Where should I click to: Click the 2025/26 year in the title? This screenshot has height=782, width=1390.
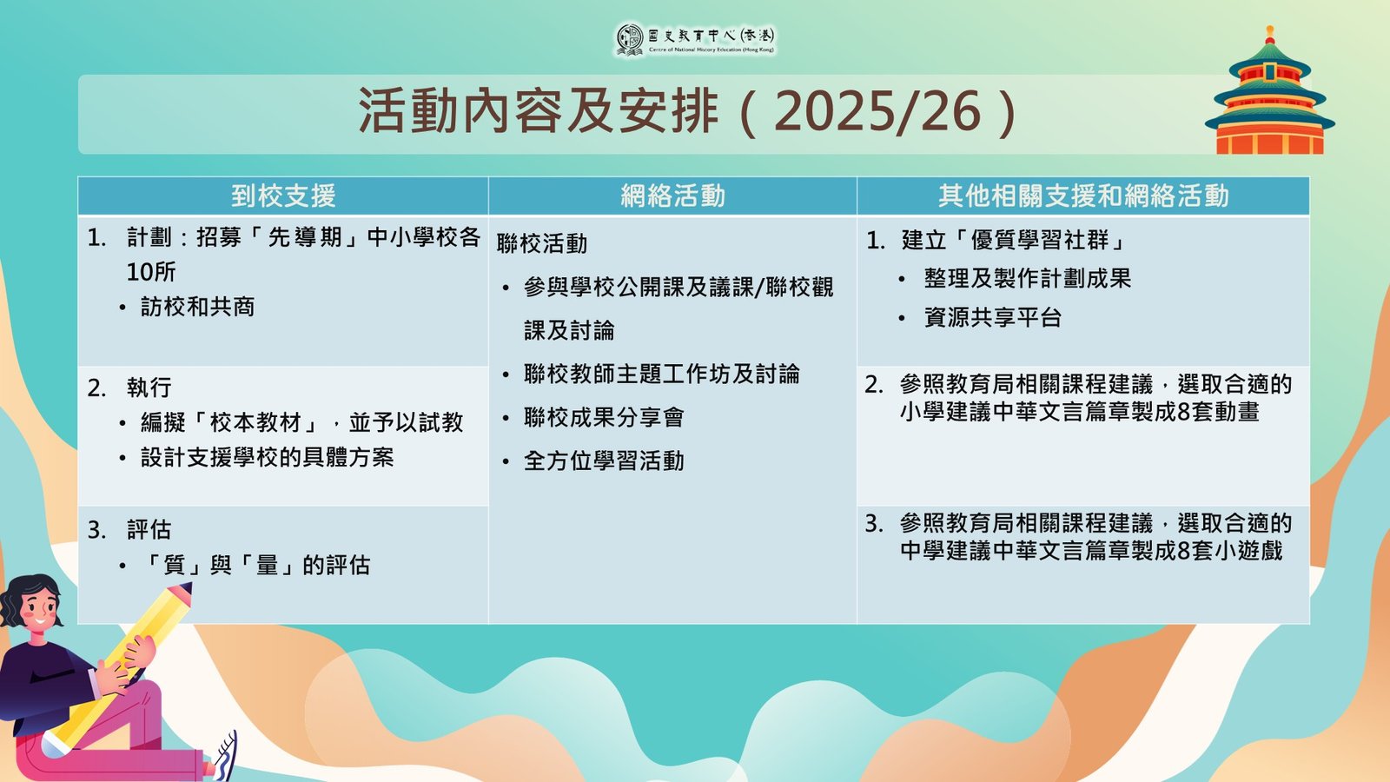pos(877,112)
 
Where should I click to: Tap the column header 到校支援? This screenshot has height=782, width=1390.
pos(283,196)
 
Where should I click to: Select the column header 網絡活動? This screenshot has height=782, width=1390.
pos(672,196)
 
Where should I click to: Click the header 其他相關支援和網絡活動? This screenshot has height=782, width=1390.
pos(1083,196)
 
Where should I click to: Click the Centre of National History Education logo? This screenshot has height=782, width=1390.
pos(695,40)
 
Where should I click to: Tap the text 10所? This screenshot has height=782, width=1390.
pos(151,272)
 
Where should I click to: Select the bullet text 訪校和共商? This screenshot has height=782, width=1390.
pos(198,308)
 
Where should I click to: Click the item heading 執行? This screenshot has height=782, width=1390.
pos(149,388)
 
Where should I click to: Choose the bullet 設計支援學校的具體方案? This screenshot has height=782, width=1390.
pos(268,457)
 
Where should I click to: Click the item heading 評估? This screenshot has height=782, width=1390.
pos(149,530)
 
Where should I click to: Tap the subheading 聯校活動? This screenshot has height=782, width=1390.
pos(542,244)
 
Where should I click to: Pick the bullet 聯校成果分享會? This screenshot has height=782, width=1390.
pos(604,418)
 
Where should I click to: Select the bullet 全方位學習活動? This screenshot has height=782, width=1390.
pos(604,461)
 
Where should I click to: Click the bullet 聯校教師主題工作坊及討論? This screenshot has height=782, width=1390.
pos(661,374)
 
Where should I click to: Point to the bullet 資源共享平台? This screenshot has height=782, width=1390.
pos(993,318)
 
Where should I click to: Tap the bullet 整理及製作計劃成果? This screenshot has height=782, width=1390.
pos(1028,279)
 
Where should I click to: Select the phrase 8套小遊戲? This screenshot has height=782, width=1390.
pos(1229,551)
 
